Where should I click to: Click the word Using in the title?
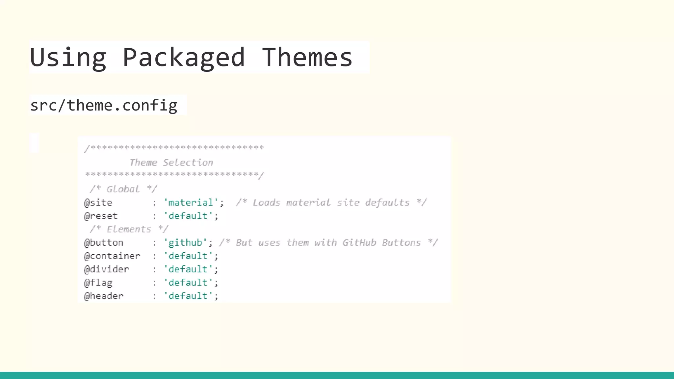coord(68,58)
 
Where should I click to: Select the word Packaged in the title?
coord(184,58)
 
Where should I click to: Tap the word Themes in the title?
coord(307,57)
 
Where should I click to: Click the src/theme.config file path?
coord(104,106)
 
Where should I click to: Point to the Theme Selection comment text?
coord(171,163)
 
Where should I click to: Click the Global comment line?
coord(123,189)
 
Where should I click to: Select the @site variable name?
coord(98,203)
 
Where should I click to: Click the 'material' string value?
coord(191,203)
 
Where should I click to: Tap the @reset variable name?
coord(101,216)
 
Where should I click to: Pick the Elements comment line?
coord(129,229)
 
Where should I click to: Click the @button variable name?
coord(104,243)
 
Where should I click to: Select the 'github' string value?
coord(185,243)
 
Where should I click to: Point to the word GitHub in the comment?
coord(359,243)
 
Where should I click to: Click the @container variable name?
coord(112,256)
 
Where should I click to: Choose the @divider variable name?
coord(107,269)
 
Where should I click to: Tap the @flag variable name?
coord(98,283)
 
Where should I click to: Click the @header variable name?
coord(104,296)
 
